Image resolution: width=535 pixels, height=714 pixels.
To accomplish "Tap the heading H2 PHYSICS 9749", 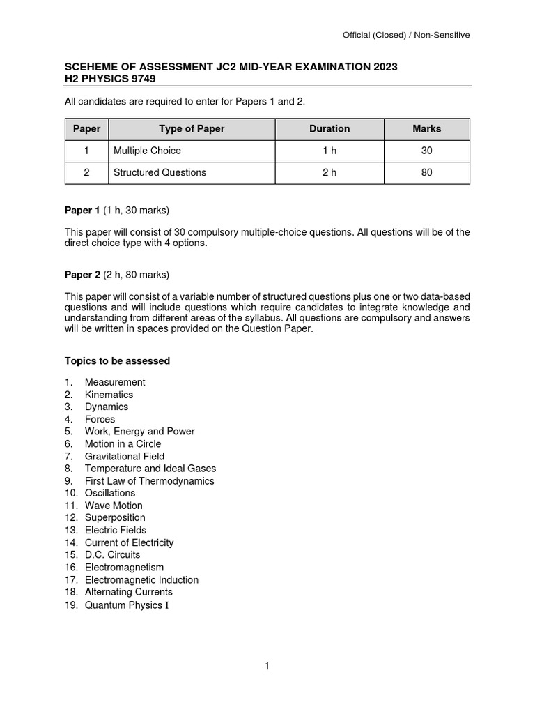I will coord(110,79).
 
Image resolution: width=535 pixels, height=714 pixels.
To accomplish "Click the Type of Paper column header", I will coord(192,129).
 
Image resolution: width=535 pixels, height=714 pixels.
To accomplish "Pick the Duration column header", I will coord(329,129).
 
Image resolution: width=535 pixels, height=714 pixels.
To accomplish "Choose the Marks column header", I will coord(426,129).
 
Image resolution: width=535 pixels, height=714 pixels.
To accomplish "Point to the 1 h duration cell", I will coord(329,151).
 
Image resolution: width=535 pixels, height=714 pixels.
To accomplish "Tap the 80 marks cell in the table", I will coord(426,172).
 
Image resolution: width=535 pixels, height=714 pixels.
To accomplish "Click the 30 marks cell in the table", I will coord(426,151).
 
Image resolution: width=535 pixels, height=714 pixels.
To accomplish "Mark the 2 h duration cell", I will coord(329,172).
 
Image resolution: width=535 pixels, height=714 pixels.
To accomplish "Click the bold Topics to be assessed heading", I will coord(117,361).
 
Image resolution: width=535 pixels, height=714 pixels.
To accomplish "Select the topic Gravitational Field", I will coord(125,456).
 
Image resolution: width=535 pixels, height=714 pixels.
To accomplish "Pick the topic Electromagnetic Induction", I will coord(141,579).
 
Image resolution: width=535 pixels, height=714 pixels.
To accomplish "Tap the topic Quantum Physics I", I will coord(126,605).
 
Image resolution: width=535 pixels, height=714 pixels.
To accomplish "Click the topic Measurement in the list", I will coord(115,382).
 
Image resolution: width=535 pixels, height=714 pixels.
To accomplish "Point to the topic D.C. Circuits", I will coord(112,555).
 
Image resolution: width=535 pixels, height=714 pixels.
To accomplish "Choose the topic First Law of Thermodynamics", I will coord(149,481).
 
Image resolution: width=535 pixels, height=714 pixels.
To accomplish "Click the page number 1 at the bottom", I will coord(267,667).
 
